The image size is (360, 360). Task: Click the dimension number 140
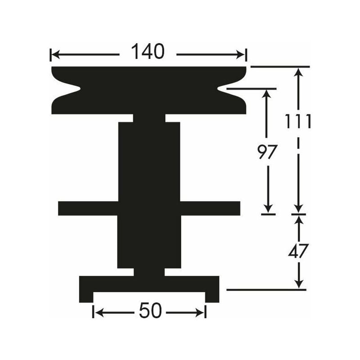point(148,52)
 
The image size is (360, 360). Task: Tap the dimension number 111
point(298,121)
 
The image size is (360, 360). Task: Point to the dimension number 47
point(298,251)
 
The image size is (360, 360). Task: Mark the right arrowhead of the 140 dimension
point(242,55)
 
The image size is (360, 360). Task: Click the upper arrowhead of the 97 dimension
point(268,93)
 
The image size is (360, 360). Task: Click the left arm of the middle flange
point(88,208)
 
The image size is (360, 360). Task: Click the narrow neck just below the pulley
point(149,118)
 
